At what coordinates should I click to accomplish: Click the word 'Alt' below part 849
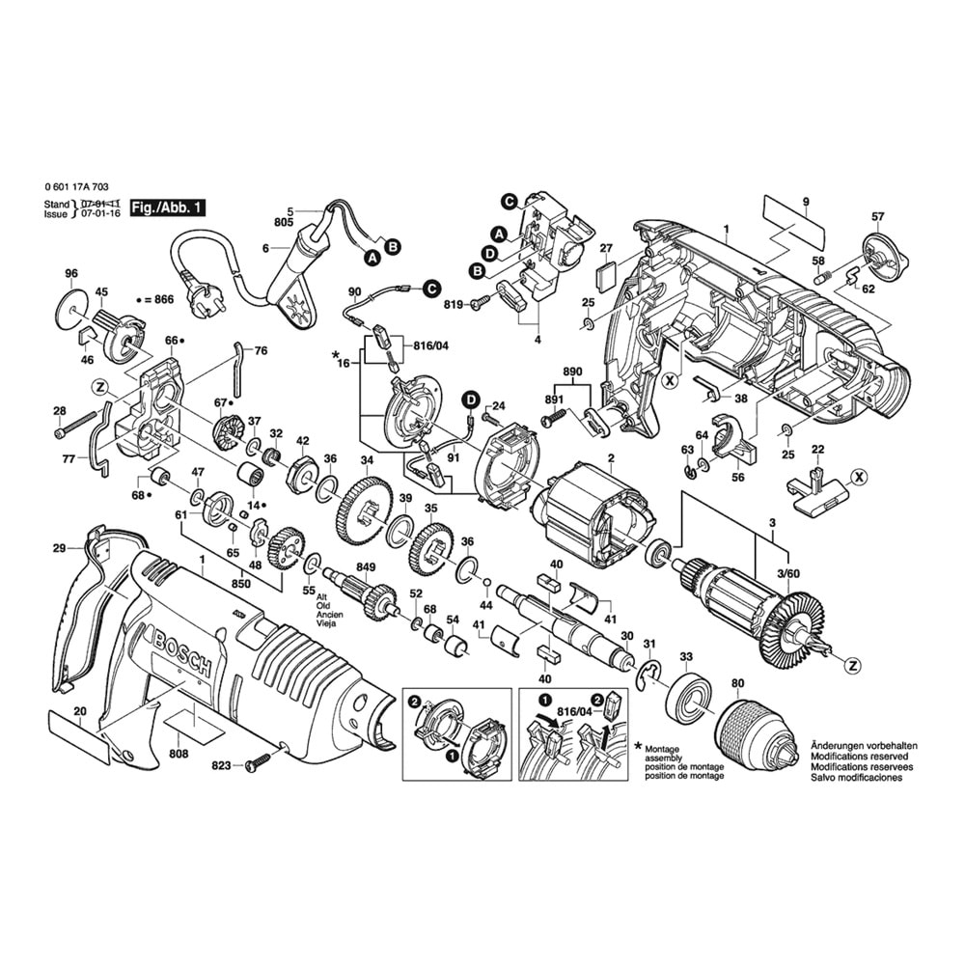[322, 598]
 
